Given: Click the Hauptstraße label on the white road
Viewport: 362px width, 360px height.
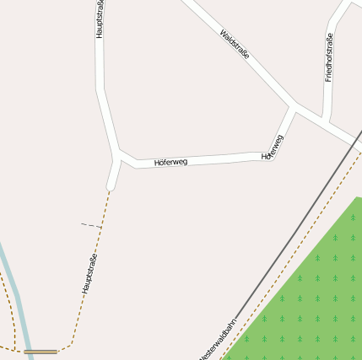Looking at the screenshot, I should [100, 19].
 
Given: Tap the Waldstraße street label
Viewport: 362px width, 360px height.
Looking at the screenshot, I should [235, 44].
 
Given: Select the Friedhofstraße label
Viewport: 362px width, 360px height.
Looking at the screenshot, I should [329, 56].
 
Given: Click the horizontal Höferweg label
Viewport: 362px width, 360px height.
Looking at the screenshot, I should [170, 161].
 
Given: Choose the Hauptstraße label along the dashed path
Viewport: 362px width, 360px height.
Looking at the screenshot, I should [89, 273].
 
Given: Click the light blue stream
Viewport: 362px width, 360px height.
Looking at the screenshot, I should [16, 295].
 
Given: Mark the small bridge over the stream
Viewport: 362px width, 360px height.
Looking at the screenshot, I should [41, 351].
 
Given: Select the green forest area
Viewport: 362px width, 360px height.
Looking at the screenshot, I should [312, 295].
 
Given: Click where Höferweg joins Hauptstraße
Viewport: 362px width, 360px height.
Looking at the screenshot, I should [117, 157].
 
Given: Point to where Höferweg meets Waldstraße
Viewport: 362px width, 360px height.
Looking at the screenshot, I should [293, 106].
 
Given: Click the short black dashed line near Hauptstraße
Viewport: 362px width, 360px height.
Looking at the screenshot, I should [91, 225].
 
